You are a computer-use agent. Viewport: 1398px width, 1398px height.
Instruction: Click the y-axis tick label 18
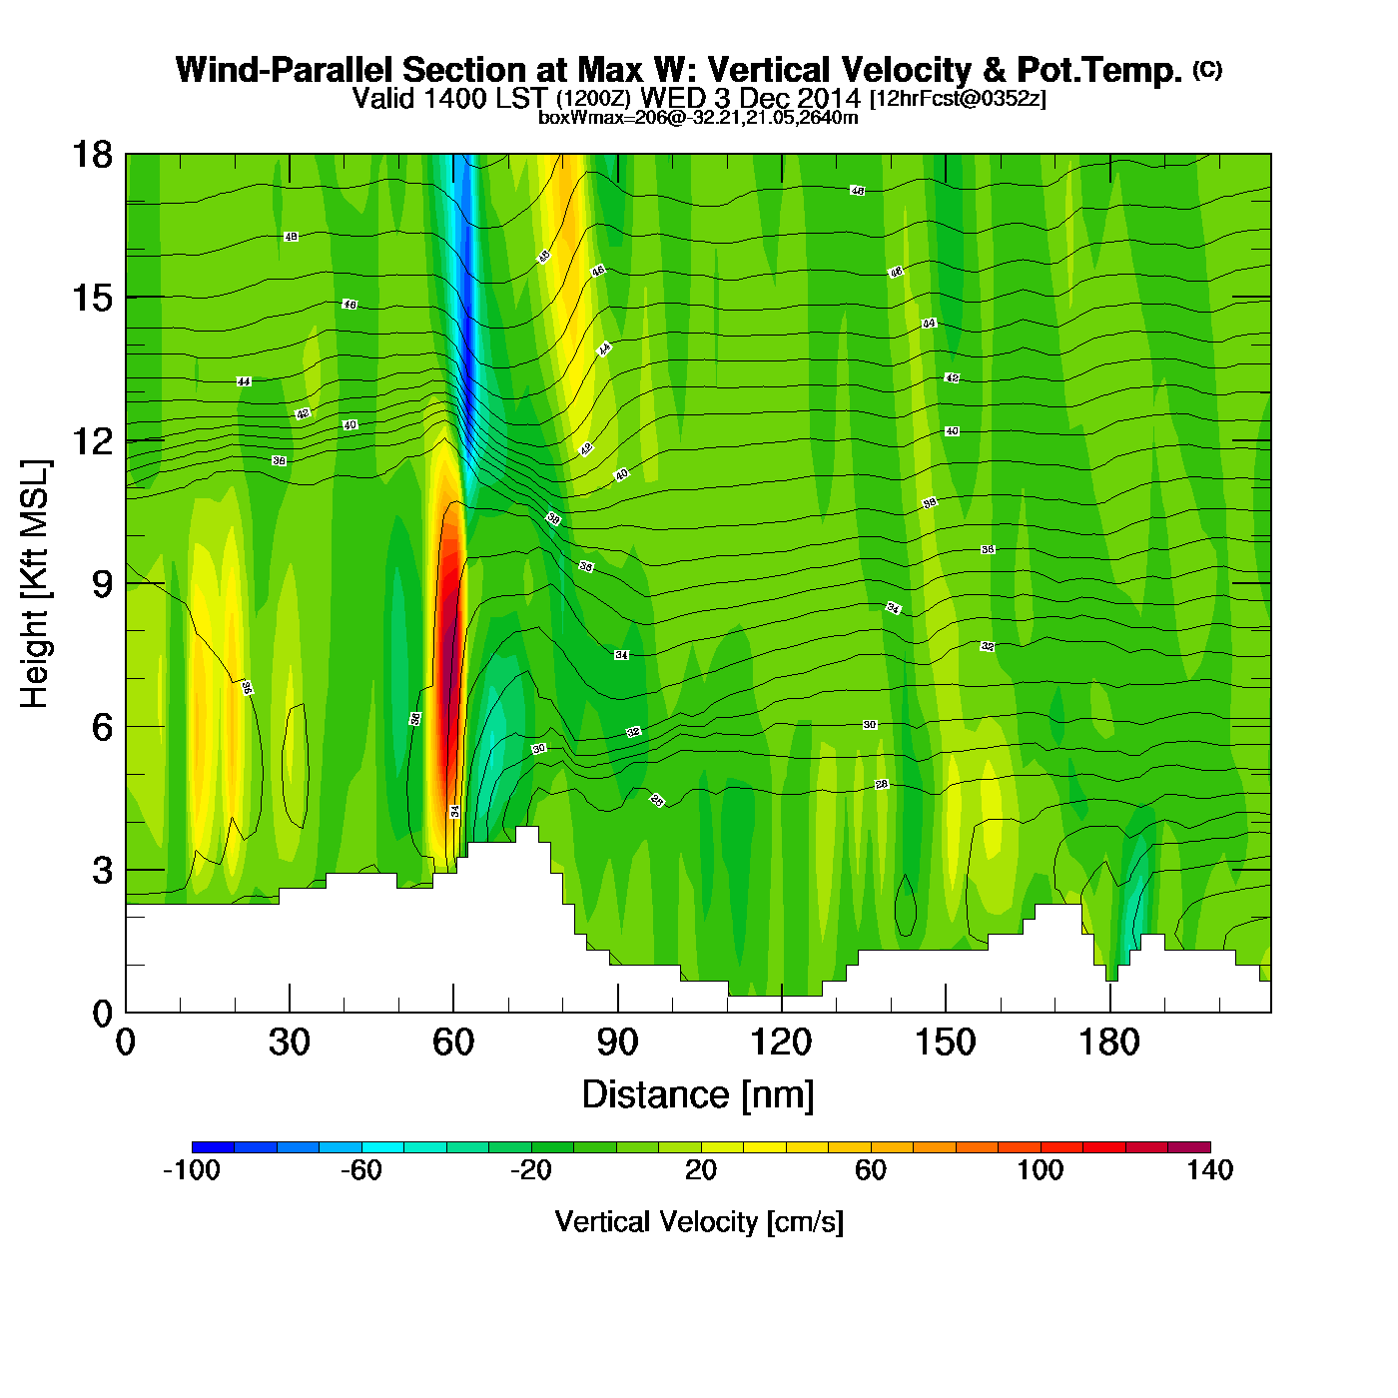click(91, 156)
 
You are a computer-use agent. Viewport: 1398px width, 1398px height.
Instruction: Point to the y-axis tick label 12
click(91, 440)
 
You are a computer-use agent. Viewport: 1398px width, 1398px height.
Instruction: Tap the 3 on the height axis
click(102, 870)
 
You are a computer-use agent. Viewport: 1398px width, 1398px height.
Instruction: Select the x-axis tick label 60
click(453, 1044)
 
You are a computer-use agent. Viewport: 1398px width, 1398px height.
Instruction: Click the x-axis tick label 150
click(945, 1044)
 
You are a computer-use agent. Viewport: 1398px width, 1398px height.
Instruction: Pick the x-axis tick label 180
click(1108, 1044)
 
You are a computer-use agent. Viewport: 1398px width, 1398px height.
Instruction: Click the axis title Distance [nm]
click(698, 1095)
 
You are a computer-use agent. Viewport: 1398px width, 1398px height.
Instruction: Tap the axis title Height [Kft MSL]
click(35, 584)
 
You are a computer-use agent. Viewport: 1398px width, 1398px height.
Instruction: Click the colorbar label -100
click(192, 1170)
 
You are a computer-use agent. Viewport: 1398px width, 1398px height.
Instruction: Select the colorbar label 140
click(1209, 1170)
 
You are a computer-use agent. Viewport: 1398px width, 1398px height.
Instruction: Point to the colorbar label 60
click(871, 1170)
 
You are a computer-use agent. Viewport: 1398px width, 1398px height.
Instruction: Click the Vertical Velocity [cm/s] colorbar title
click(699, 1221)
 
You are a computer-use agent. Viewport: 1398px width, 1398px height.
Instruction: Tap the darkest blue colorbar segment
click(213, 1147)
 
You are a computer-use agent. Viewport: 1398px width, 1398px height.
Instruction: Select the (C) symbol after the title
click(1207, 69)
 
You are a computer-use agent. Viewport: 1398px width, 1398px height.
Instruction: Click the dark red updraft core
click(449, 659)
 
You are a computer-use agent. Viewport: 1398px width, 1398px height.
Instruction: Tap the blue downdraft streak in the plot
click(464, 330)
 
